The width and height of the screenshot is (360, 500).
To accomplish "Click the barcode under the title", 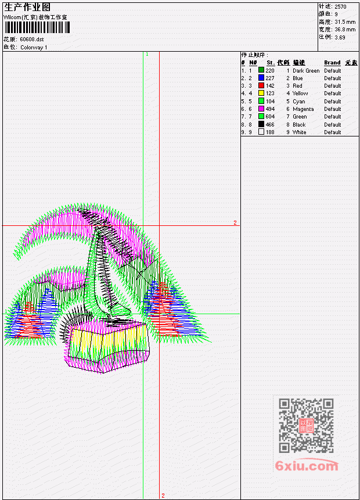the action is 37,27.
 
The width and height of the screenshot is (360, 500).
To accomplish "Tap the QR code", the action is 306,426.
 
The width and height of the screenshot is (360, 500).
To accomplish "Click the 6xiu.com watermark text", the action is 307,466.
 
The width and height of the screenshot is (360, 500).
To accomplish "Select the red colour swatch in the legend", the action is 261,85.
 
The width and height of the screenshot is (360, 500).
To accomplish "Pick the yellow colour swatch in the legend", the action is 261,93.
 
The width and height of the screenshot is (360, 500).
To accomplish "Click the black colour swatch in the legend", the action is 261,124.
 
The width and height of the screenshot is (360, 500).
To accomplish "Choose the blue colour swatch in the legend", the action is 261,78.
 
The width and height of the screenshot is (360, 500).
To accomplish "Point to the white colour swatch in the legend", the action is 261,132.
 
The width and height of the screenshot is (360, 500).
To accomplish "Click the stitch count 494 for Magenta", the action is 270,109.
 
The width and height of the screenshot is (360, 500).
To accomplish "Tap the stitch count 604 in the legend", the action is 270,117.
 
